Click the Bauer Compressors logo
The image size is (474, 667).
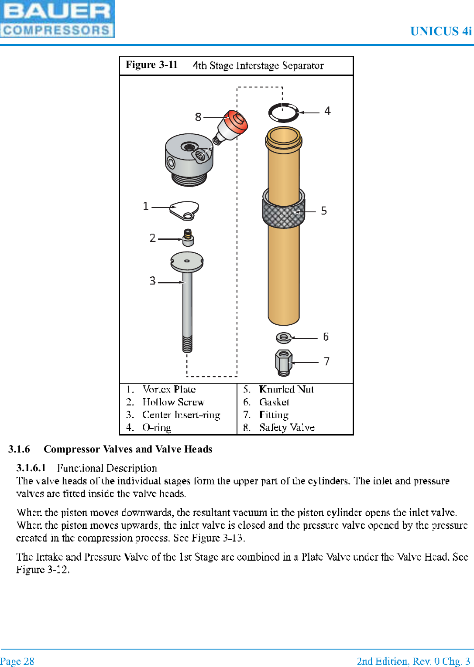(57, 19)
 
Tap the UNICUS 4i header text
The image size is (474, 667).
(441, 31)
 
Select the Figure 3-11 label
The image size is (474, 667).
(151, 65)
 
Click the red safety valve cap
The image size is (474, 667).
(236, 121)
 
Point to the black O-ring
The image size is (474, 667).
(283, 112)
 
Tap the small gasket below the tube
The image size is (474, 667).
(283, 337)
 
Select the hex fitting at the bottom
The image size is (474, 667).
(283, 363)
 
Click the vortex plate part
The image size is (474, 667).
(185, 210)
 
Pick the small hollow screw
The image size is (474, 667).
(188, 238)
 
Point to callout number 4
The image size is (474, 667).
(327, 111)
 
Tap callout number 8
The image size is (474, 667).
(198, 117)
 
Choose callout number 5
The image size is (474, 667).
(324, 211)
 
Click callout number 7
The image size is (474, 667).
(326, 361)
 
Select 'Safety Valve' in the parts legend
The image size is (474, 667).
(287, 428)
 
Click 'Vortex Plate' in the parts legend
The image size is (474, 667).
(169, 389)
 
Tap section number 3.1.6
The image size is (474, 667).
(19, 449)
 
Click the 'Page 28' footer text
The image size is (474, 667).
(17, 661)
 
